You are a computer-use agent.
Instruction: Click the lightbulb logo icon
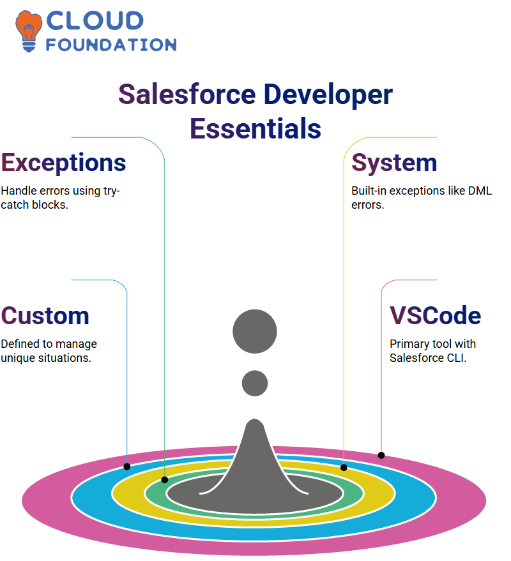[x=29, y=31]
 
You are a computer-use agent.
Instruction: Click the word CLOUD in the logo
[x=95, y=20]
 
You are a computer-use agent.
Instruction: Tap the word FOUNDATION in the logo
[x=111, y=45]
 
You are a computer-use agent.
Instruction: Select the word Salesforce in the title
[x=187, y=94]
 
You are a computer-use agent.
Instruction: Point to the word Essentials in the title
[x=256, y=128]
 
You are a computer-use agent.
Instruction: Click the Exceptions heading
[x=63, y=163]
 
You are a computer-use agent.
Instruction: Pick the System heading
[x=394, y=163]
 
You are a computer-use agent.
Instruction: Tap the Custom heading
[x=45, y=316]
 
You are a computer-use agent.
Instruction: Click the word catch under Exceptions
[x=15, y=205]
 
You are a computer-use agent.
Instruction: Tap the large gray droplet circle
[x=255, y=331]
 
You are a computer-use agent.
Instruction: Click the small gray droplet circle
[x=255, y=383]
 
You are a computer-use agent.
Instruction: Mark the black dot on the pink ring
[x=381, y=455]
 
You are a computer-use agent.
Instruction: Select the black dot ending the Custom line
[x=126, y=467]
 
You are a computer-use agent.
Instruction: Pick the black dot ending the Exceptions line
[x=165, y=480]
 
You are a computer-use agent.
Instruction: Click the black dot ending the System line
[x=344, y=467]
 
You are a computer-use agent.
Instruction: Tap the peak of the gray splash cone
[x=255, y=419]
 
